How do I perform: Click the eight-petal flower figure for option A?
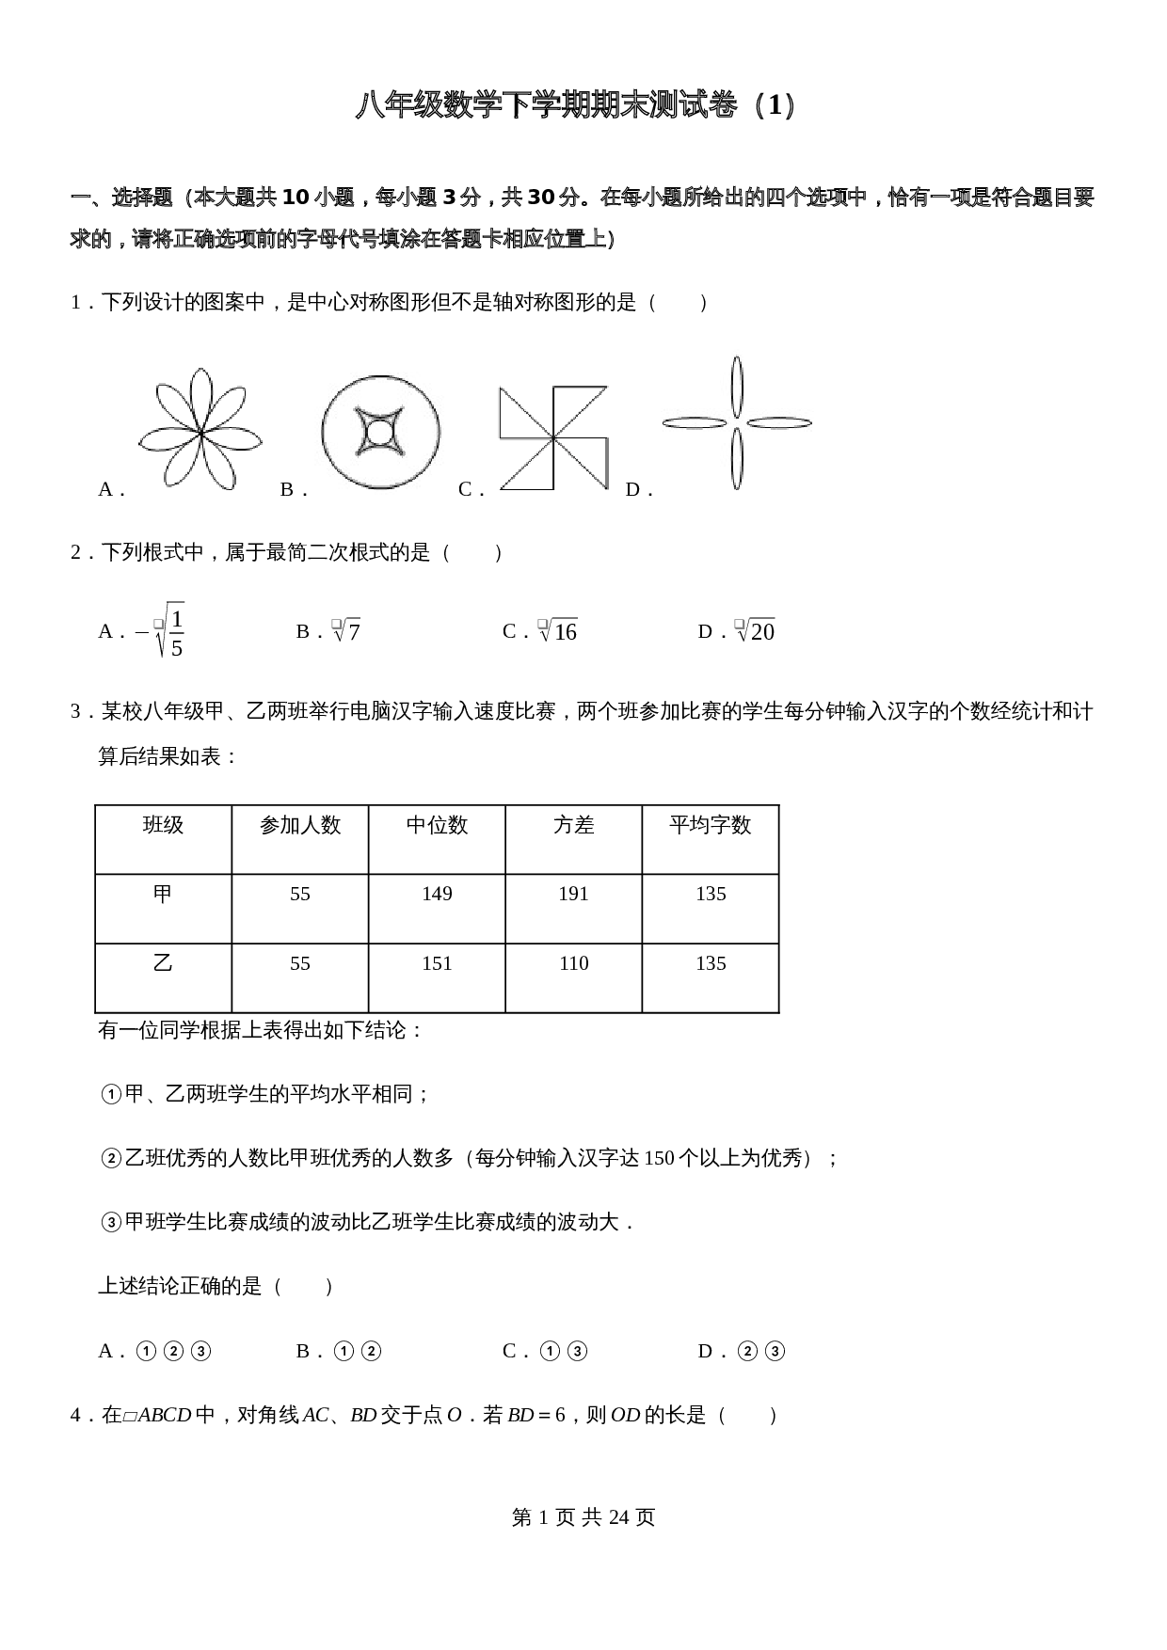tap(200, 429)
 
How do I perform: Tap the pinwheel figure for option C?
tap(553, 437)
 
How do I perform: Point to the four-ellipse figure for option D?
tap(737, 422)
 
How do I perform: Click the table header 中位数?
tap(437, 825)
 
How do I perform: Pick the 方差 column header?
tap(573, 825)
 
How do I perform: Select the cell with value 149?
tap(437, 894)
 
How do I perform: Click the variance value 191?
tap(573, 894)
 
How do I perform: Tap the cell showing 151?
tap(437, 963)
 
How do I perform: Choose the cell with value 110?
tap(573, 963)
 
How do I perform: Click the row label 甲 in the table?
tap(163, 894)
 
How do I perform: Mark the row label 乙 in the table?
tap(163, 963)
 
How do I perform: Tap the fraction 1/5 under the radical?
tap(176, 632)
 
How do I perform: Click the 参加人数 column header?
tap(300, 825)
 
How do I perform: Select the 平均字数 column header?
tap(710, 825)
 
